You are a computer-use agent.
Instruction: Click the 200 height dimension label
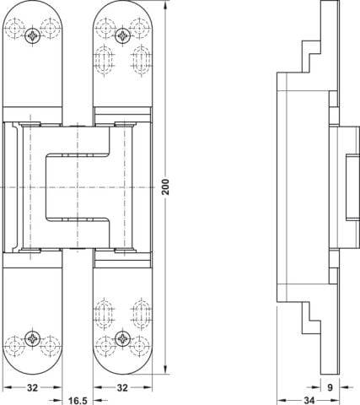(x=166, y=186)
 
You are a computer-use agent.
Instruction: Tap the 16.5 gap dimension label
(x=78, y=401)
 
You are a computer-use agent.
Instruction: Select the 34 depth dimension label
(x=309, y=401)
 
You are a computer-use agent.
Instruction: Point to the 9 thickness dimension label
(x=330, y=387)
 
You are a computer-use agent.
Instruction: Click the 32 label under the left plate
(x=32, y=388)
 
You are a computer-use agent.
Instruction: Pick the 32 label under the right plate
(x=122, y=388)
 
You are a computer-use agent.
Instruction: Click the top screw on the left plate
(x=33, y=35)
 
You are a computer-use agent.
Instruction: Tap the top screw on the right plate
(x=123, y=35)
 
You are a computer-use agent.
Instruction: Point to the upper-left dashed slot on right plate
(x=105, y=61)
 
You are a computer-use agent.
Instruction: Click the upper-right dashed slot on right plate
(x=142, y=61)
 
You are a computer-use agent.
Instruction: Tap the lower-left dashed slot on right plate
(x=105, y=314)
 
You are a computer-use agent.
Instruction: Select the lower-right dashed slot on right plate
(x=142, y=314)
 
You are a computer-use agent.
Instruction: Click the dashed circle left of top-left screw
(x=15, y=29)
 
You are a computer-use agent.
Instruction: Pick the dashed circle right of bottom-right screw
(x=139, y=346)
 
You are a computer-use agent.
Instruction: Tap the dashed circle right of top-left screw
(x=51, y=29)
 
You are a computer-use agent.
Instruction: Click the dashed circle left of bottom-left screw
(x=15, y=346)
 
